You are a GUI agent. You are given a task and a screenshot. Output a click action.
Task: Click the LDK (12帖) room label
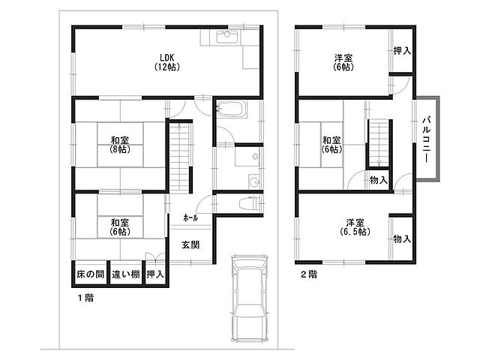(x=167, y=62)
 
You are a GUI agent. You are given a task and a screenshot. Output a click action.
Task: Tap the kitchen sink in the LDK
(x=226, y=37)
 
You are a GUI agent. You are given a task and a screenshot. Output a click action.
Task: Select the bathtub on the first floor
(x=232, y=109)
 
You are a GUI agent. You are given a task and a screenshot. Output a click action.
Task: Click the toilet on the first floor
(x=250, y=203)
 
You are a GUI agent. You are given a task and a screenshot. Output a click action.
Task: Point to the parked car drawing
(x=249, y=298)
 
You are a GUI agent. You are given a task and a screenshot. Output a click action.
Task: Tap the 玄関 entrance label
(x=190, y=244)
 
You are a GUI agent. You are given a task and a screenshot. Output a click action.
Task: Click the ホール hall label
(x=190, y=218)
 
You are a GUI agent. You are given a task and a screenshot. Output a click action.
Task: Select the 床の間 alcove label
(x=90, y=274)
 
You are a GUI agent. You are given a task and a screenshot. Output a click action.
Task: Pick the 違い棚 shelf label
(x=125, y=274)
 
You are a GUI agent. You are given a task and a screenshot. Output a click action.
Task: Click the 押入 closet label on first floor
(x=155, y=274)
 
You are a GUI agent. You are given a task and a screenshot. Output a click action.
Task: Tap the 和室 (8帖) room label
(x=120, y=145)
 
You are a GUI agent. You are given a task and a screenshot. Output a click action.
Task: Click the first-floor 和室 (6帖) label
(x=120, y=226)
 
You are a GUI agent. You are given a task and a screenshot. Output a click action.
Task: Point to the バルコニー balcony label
(x=427, y=139)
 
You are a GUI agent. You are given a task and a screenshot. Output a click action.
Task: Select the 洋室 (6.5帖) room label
(x=355, y=226)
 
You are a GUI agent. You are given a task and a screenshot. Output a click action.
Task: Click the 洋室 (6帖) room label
(x=343, y=62)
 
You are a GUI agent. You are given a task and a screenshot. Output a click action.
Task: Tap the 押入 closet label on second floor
(x=402, y=50)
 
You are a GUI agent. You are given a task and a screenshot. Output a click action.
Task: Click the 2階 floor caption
(x=308, y=274)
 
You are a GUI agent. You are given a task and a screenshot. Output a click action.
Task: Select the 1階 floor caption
(x=85, y=298)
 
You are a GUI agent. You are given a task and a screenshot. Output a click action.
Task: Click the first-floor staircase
(x=179, y=157)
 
